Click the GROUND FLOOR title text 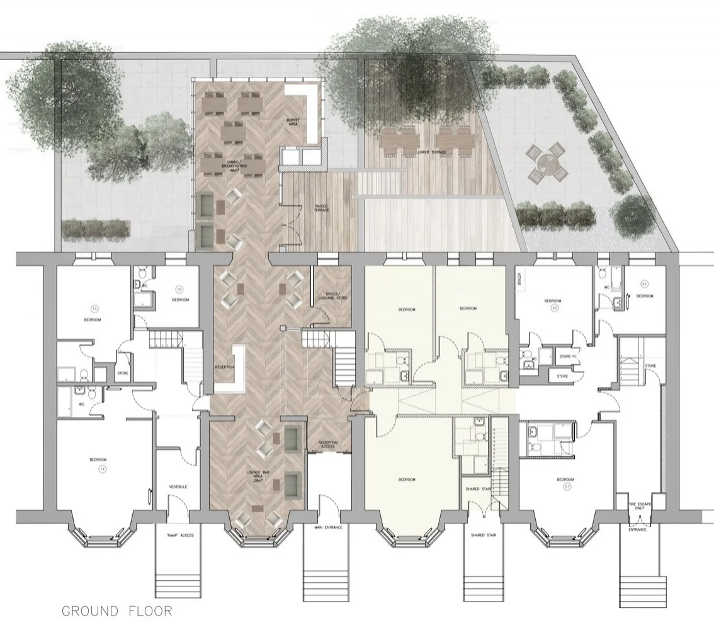pyautogui.click(x=116, y=610)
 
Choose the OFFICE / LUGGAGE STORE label pyautogui.click(x=332, y=297)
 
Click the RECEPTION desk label pyautogui.click(x=224, y=367)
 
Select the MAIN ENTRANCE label pyautogui.click(x=327, y=527)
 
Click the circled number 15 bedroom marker pyautogui.click(x=94, y=309)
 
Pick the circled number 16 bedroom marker pyautogui.click(x=179, y=290)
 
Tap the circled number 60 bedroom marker pyautogui.click(x=555, y=309)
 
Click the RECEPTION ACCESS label pyautogui.click(x=327, y=445)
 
